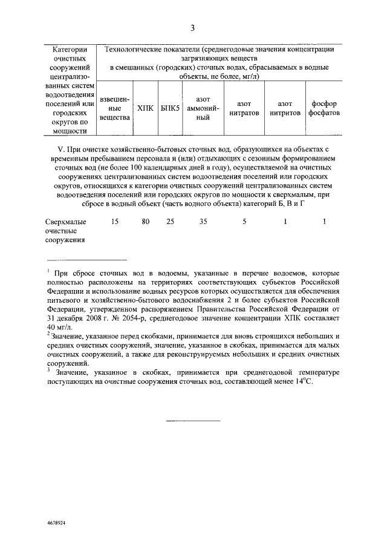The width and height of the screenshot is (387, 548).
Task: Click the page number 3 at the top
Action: [x=192, y=28]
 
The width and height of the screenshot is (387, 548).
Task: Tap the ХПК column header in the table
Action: [x=145, y=108]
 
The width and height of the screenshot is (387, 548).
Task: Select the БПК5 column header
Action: [x=170, y=108]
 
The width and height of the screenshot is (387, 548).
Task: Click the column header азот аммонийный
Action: [x=203, y=108]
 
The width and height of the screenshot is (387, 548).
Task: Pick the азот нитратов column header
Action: [x=244, y=108]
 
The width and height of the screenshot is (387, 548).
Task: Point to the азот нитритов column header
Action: [x=285, y=108]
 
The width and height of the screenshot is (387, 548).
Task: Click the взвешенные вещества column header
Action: [x=114, y=108]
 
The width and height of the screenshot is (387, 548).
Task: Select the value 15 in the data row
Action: [x=115, y=222]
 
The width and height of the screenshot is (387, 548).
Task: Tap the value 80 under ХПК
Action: [x=145, y=222]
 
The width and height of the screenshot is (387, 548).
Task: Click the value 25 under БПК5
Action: [x=170, y=222]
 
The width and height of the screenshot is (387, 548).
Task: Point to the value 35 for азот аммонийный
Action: [x=203, y=222]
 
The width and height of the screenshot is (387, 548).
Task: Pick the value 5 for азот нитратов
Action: [x=244, y=222]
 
